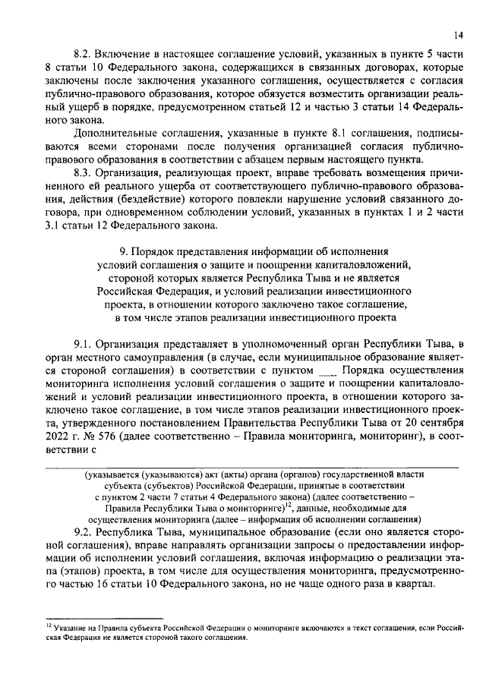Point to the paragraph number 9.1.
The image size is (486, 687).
click(84, 345)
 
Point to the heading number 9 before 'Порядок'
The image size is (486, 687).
click(124, 249)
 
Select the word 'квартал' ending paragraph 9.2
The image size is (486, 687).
click(414, 583)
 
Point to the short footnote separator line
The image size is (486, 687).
click(103, 618)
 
